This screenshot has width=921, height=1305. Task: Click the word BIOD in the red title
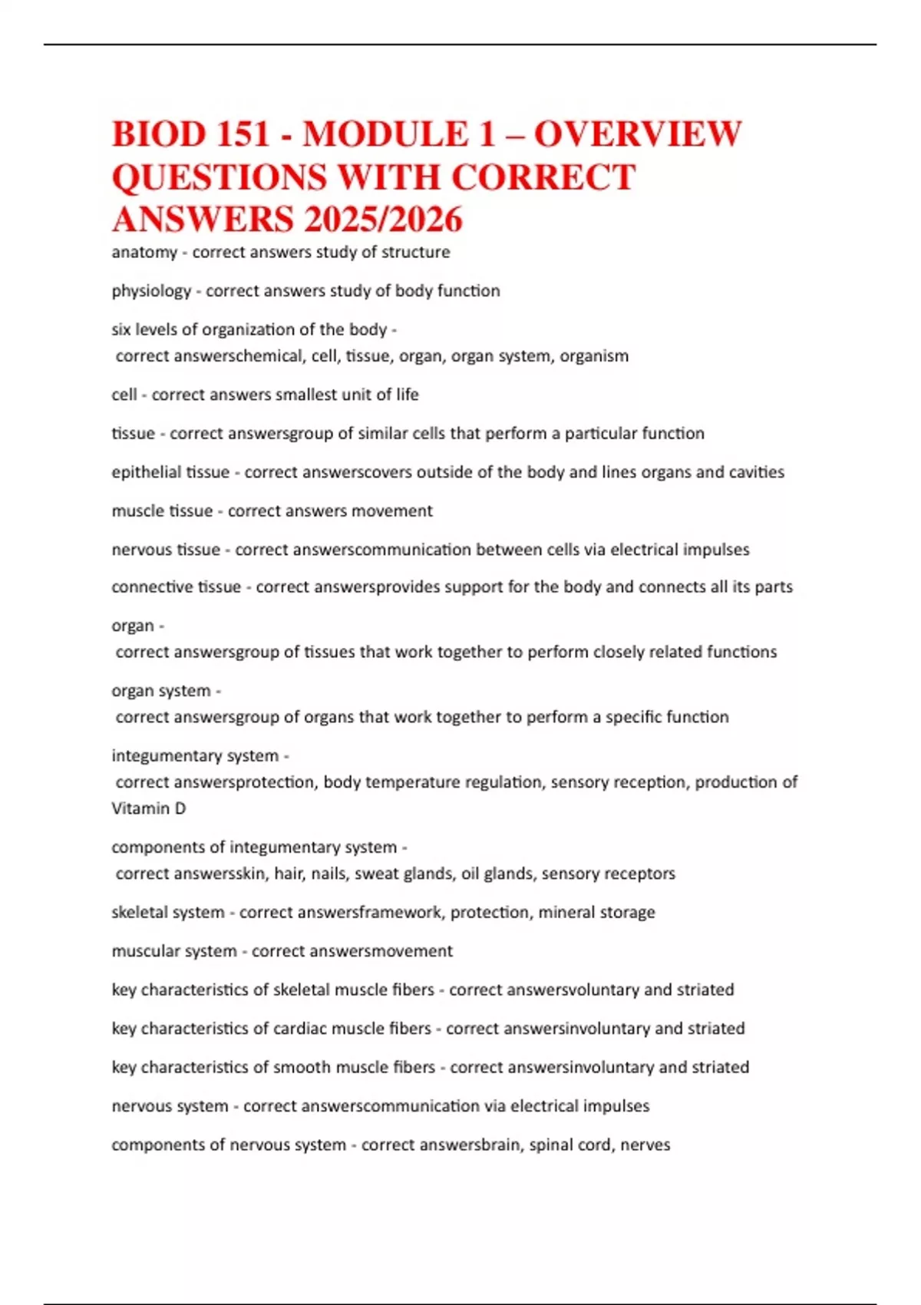pos(159,134)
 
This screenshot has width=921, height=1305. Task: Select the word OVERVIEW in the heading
pos(638,134)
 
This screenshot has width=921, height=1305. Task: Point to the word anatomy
pos(144,253)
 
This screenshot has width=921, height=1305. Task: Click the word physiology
pos(151,291)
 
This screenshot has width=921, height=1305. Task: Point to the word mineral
pos(565,913)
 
